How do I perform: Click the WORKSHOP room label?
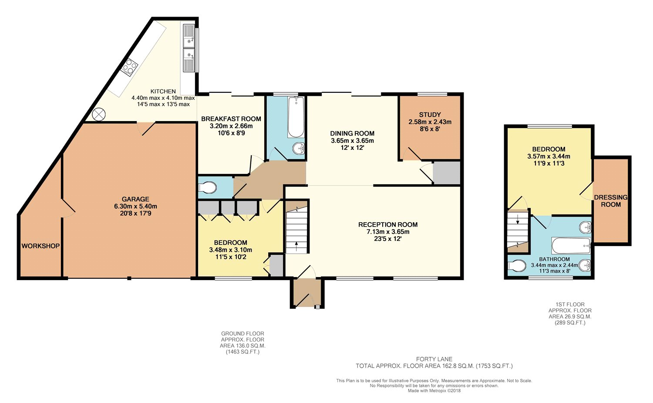(x=40, y=246)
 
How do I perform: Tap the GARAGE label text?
(x=135, y=199)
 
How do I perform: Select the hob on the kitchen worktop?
(x=130, y=68)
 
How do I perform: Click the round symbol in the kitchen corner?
(x=98, y=114)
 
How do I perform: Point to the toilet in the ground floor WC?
(x=207, y=187)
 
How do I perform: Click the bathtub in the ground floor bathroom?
(x=296, y=117)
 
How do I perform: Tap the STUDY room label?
(x=430, y=115)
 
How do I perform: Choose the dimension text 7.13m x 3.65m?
(x=388, y=232)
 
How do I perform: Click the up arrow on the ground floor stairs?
(x=296, y=247)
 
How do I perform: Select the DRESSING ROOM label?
(x=611, y=201)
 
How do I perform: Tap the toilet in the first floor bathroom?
(x=516, y=266)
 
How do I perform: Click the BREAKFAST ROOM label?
(x=231, y=119)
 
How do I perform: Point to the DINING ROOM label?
(x=352, y=134)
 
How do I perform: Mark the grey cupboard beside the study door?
(x=446, y=173)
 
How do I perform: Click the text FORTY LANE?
(x=434, y=359)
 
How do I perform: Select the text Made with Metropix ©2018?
(x=434, y=390)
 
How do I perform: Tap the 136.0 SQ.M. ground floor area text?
(x=242, y=346)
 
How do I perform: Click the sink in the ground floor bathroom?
(x=298, y=148)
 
